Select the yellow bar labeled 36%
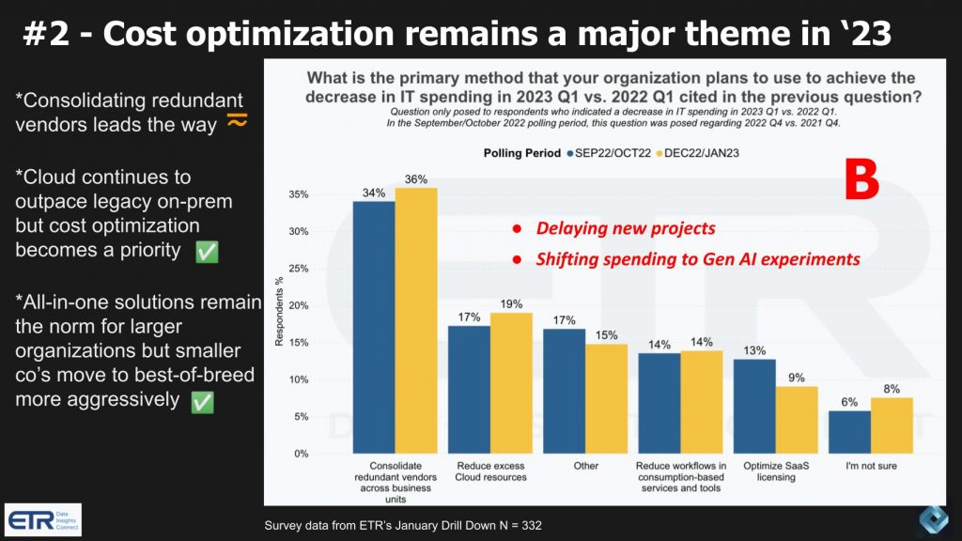pyautogui.click(x=416, y=320)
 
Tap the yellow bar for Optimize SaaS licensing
pyautogui.click(x=796, y=420)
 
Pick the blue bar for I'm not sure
pyautogui.click(x=848, y=431)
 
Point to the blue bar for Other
pyautogui.click(x=565, y=391)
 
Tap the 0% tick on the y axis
pyautogui.click(x=300, y=455)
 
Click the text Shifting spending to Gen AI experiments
pyautogui.click(x=697, y=259)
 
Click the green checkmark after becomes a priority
pyautogui.click(x=206, y=252)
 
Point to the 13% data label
pyautogui.click(x=754, y=350)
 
